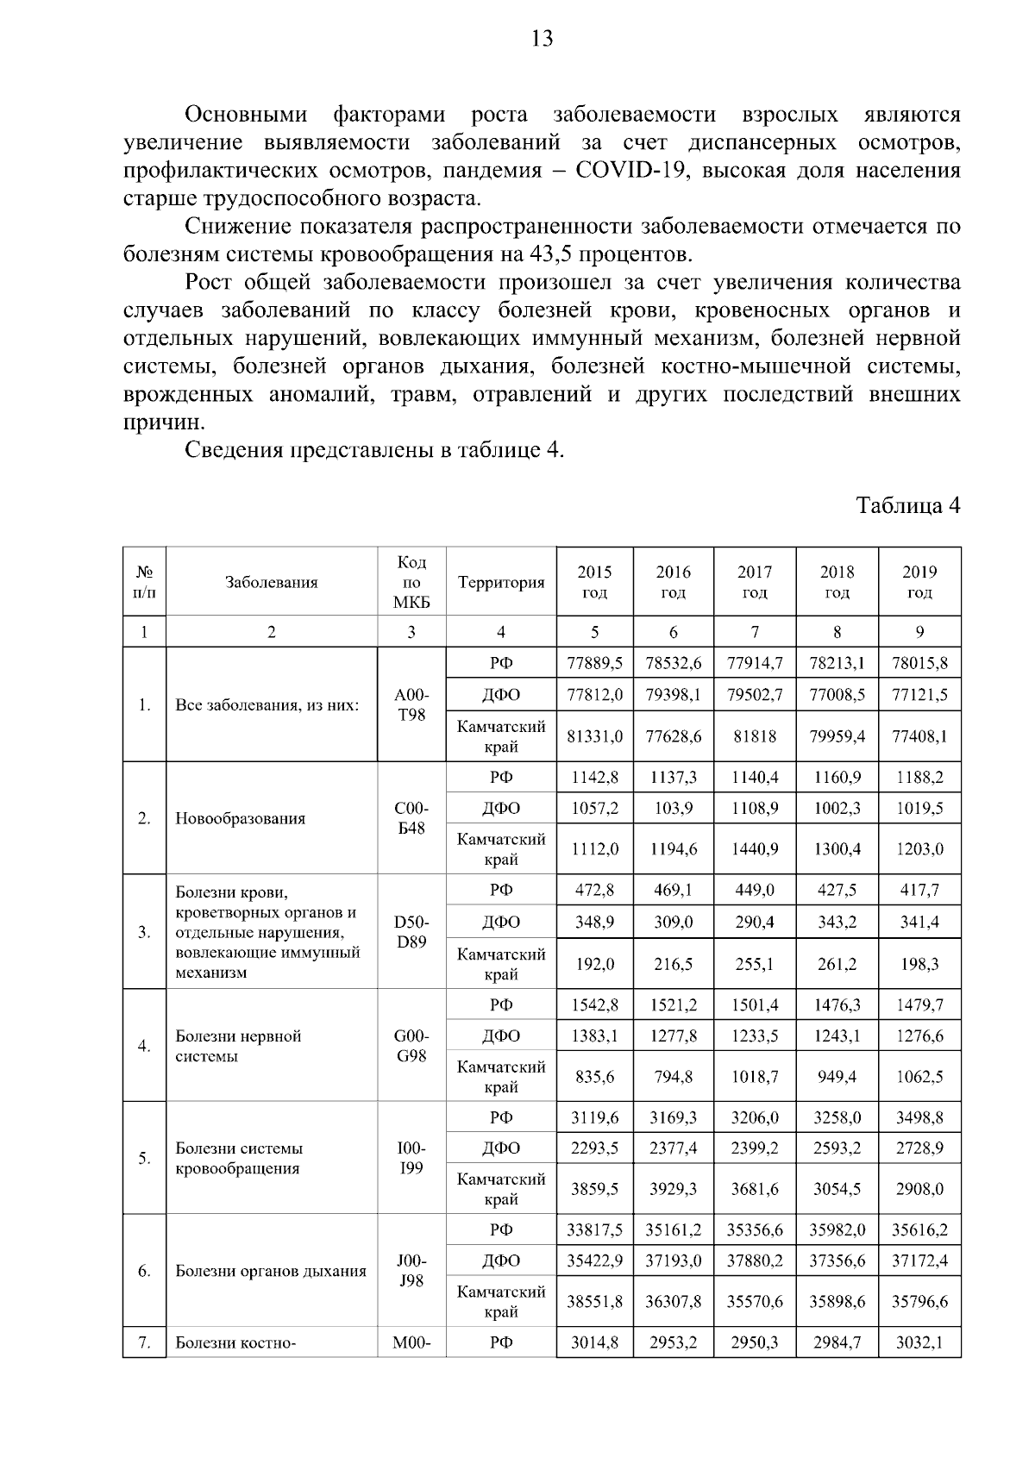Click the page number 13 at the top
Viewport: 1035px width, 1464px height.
click(x=542, y=39)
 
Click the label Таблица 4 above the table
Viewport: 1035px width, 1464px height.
click(x=907, y=505)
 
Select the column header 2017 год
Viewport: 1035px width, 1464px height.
click(x=755, y=582)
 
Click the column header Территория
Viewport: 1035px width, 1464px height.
click(x=501, y=582)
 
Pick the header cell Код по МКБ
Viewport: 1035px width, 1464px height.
click(x=411, y=582)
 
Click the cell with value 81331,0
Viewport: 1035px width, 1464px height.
click(x=594, y=736)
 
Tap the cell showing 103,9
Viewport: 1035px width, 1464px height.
click(x=673, y=808)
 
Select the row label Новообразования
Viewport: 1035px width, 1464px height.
click(x=240, y=818)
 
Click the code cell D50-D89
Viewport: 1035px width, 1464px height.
click(x=411, y=932)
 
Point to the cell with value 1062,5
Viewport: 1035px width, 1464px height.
click(x=919, y=1076)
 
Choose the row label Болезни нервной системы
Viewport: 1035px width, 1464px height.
click(x=238, y=1046)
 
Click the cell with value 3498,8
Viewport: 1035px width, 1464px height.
click(x=919, y=1117)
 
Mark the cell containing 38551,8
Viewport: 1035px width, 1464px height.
click(x=594, y=1302)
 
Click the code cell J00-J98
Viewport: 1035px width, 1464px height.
click(x=411, y=1271)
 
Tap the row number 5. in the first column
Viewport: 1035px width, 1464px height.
click(x=144, y=1158)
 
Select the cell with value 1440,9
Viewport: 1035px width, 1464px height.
click(x=755, y=848)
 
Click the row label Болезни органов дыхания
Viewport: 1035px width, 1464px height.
click(x=270, y=1271)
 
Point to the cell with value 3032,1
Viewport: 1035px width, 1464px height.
click(x=919, y=1342)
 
